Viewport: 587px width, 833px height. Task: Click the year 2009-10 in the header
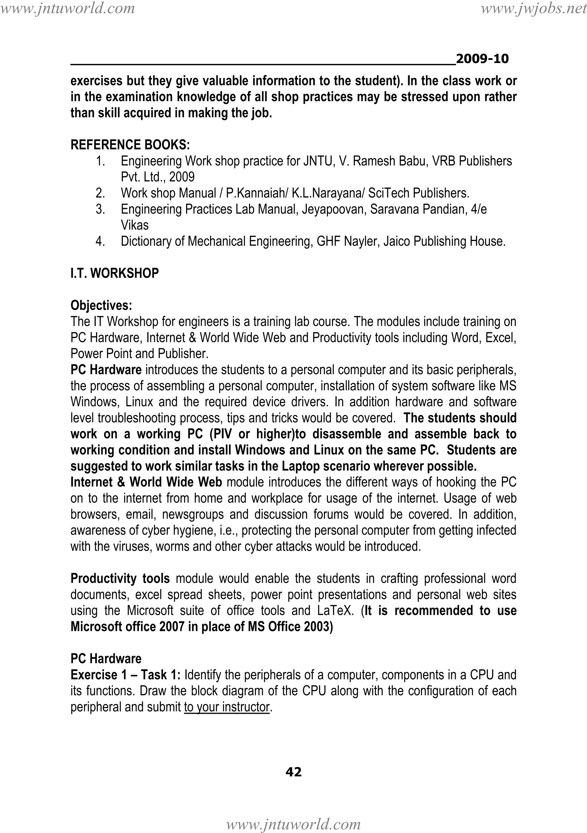click(482, 59)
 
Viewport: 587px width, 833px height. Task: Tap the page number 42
click(293, 772)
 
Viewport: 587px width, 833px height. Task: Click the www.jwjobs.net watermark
click(533, 8)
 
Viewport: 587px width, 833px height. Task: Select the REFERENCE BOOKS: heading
click(130, 145)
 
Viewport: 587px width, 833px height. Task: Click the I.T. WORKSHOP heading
click(115, 273)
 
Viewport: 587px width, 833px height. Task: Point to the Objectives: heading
click(101, 306)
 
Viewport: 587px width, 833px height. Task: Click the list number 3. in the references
click(101, 209)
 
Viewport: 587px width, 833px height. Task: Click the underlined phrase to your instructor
click(227, 707)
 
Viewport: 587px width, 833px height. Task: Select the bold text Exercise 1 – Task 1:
click(126, 675)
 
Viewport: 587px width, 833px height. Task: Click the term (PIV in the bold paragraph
click(220, 434)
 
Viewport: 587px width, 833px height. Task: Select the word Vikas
click(135, 225)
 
